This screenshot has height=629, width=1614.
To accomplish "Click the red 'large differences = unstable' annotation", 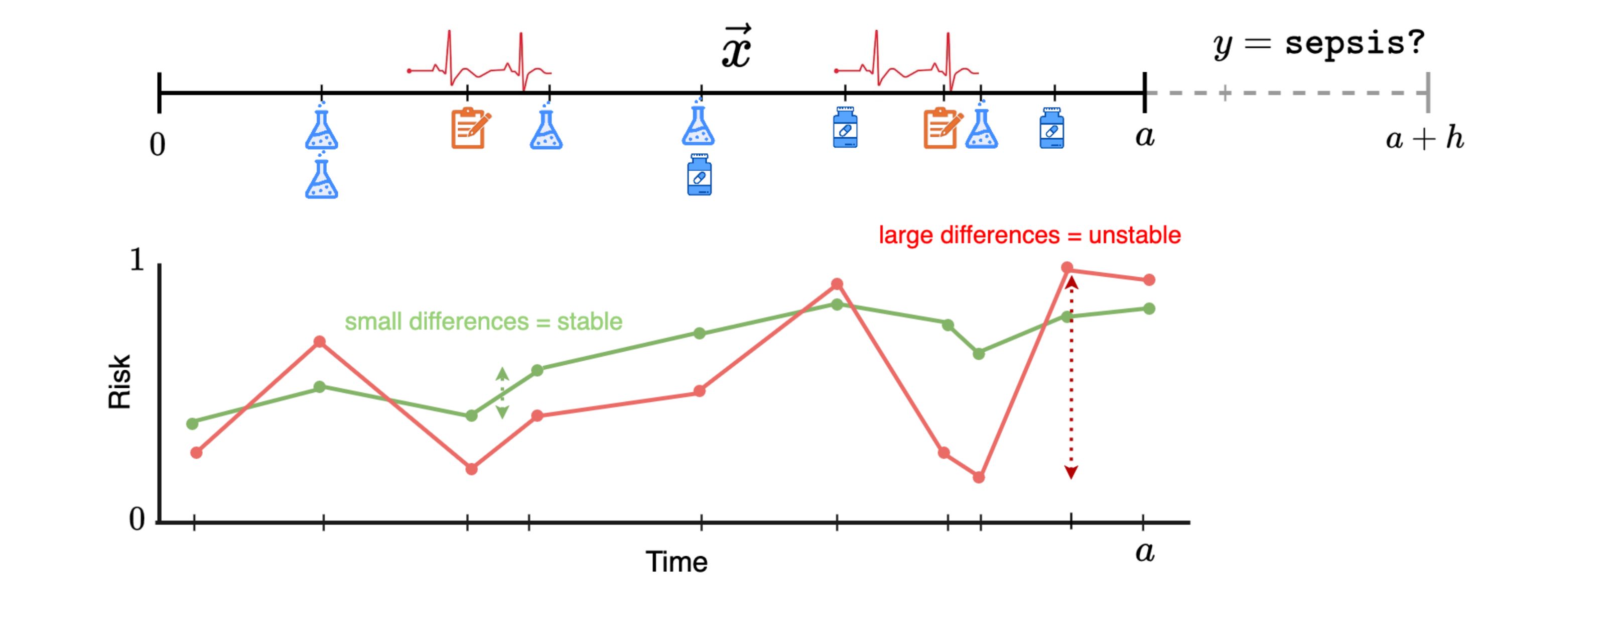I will [x=1029, y=235].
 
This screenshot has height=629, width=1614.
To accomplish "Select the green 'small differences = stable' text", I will [x=483, y=322].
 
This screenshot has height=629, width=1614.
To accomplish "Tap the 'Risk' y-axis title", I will [x=119, y=382].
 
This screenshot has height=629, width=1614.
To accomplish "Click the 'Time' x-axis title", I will [x=677, y=562].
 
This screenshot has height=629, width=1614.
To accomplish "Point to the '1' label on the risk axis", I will [x=137, y=260].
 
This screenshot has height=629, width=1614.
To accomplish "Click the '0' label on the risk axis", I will [x=137, y=519].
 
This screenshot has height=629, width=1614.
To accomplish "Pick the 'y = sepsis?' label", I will [x=1319, y=44].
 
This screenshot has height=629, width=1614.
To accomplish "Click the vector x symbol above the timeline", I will [x=736, y=48].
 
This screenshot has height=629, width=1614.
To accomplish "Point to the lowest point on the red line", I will [x=979, y=477].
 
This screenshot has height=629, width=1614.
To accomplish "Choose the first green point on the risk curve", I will [x=192, y=424].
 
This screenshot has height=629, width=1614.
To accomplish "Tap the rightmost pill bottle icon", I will [x=1052, y=129].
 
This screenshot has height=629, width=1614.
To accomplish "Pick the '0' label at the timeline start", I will [x=157, y=145].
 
